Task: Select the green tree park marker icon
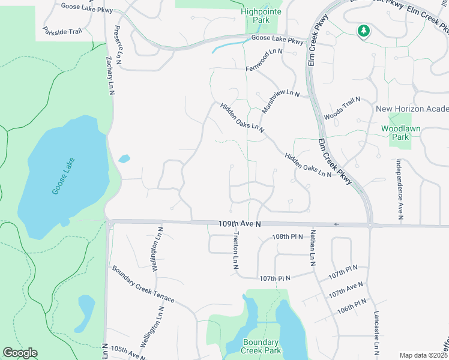[363, 30]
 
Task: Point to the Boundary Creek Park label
[261, 346]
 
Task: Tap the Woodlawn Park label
[396, 133]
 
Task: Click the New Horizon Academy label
[412, 109]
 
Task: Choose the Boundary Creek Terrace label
[143, 284]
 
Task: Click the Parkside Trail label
[61, 29]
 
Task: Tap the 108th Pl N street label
[289, 238]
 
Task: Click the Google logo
[20, 353]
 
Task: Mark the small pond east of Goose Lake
[124, 159]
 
